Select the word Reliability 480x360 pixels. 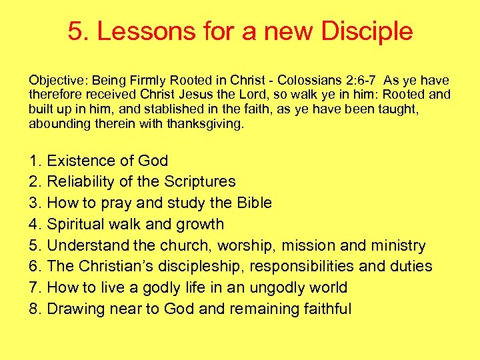coord(83,182)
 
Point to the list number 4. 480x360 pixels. coord(35,224)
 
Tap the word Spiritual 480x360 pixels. coord(79,224)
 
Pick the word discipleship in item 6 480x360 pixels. coord(211,267)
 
